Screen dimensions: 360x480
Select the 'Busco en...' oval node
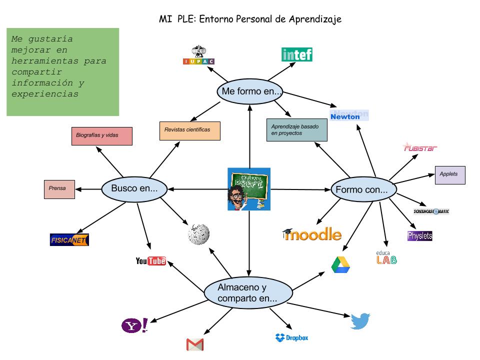(134, 189)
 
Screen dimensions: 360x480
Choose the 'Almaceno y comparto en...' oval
(248, 293)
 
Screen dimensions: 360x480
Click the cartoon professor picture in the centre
(249, 189)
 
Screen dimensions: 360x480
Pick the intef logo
(297, 54)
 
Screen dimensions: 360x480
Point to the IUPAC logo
(198, 55)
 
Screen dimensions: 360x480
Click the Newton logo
(349, 115)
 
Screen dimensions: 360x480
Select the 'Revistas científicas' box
(190, 130)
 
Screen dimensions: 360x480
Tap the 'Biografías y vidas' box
(102, 136)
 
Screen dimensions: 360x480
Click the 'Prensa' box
(59, 189)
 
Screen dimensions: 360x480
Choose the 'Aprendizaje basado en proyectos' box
(297, 130)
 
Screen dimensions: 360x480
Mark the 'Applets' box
(449, 174)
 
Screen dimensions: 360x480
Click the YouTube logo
(150, 261)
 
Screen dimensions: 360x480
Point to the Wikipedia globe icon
(198, 233)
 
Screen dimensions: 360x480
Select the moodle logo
(312, 233)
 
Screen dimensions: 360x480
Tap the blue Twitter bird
(360, 321)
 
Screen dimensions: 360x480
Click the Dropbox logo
(292, 338)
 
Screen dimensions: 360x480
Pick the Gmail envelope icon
(195, 344)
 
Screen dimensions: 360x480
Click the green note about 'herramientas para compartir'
(63, 72)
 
